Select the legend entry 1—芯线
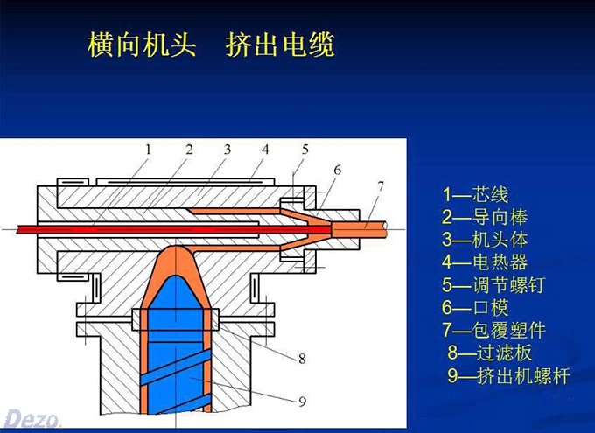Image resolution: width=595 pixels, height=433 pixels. point(475,194)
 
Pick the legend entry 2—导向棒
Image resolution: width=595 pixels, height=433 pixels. point(485,217)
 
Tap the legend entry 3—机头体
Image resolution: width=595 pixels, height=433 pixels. point(485,239)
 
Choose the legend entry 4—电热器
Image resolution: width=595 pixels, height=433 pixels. point(485,262)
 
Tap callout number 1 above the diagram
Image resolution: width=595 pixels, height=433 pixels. point(149,149)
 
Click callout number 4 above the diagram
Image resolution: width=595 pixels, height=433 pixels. point(265,150)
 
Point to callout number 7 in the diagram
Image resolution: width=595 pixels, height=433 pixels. point(380,185)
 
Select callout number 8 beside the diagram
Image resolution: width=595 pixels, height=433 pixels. point(301,358)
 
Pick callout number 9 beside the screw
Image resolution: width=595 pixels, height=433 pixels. point(301,402)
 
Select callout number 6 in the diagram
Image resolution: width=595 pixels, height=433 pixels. point(337,168)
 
